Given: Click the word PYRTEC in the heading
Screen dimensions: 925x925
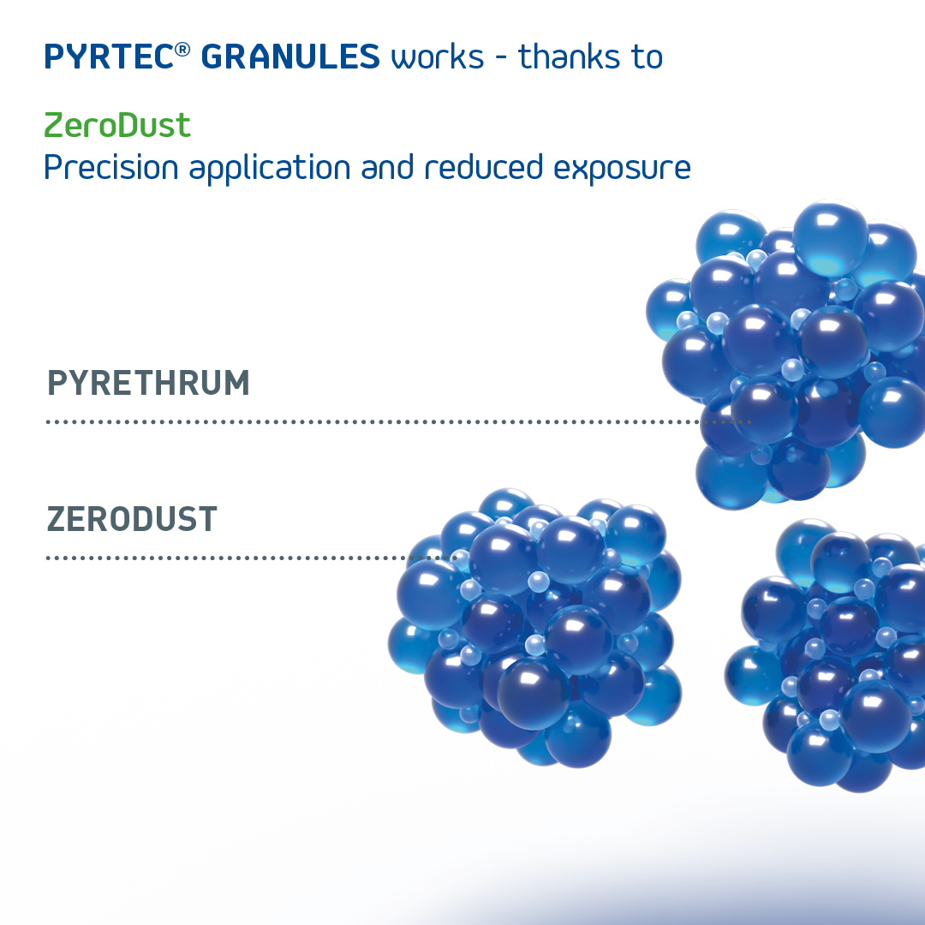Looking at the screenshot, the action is (x=109, y=57).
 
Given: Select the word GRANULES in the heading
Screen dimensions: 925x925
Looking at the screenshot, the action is (x=290, y=57).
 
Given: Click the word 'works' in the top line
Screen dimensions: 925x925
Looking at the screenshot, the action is (x=437, y=58).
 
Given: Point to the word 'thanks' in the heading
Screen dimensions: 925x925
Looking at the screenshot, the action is (x=570, y=57).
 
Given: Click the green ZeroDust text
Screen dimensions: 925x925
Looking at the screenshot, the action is (x=117, y=125).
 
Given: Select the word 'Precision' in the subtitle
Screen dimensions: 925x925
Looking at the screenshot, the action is (x=110, y=168).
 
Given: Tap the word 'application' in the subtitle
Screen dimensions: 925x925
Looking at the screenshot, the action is (x=270, y=169).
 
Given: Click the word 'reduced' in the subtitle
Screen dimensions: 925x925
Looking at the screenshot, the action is (x=484, y=167).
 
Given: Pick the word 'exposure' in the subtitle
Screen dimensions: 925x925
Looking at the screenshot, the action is (x=622, y=170).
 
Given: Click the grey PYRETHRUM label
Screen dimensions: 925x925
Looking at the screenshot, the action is (x=148, y=383).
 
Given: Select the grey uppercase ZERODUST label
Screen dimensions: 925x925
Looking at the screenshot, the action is (x=132, y=519).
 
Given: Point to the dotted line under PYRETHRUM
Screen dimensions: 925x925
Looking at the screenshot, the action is (x=399, y=421).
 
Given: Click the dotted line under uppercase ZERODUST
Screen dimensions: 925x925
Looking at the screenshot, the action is (x=251, y=558).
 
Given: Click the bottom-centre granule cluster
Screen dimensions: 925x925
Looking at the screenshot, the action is (x=534, y=628).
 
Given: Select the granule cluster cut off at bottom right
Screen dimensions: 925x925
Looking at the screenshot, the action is (x=826, y=655).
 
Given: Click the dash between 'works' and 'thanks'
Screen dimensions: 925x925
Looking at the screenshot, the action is (x=501, y=59).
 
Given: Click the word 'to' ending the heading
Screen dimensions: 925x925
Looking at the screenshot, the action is (x=647, y=57).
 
